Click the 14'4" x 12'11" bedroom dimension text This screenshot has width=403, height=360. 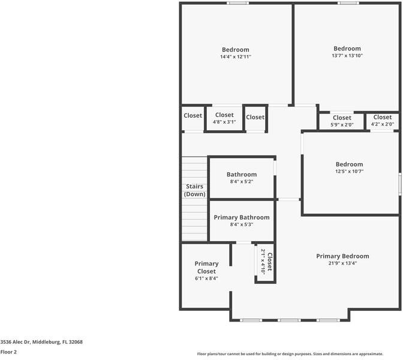coord(235,57)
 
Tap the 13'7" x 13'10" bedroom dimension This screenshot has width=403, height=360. coord(347,56)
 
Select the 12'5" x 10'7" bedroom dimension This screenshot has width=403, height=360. coord(349,172)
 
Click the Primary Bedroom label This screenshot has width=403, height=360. coord(351,256)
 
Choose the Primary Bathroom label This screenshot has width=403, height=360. coord(242,217)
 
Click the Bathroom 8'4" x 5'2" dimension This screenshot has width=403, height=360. coord(242,182)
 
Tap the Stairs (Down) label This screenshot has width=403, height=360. coord(194,190)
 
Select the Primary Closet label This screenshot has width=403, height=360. coord(207,268)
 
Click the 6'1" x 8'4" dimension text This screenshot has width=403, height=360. coord(207,278)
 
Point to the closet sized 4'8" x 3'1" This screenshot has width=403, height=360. coord(224,118)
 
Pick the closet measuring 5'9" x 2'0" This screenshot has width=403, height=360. coord(342,121)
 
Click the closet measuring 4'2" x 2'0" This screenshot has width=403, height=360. coord(382,121)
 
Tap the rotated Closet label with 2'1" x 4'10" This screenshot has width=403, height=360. coord(266,262)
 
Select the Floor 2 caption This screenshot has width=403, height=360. coord(8,352)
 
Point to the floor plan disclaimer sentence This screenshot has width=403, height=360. coord(299,354)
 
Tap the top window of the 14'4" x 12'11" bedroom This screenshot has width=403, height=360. coord(237,3)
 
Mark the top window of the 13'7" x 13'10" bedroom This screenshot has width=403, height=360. coord(348,3)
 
